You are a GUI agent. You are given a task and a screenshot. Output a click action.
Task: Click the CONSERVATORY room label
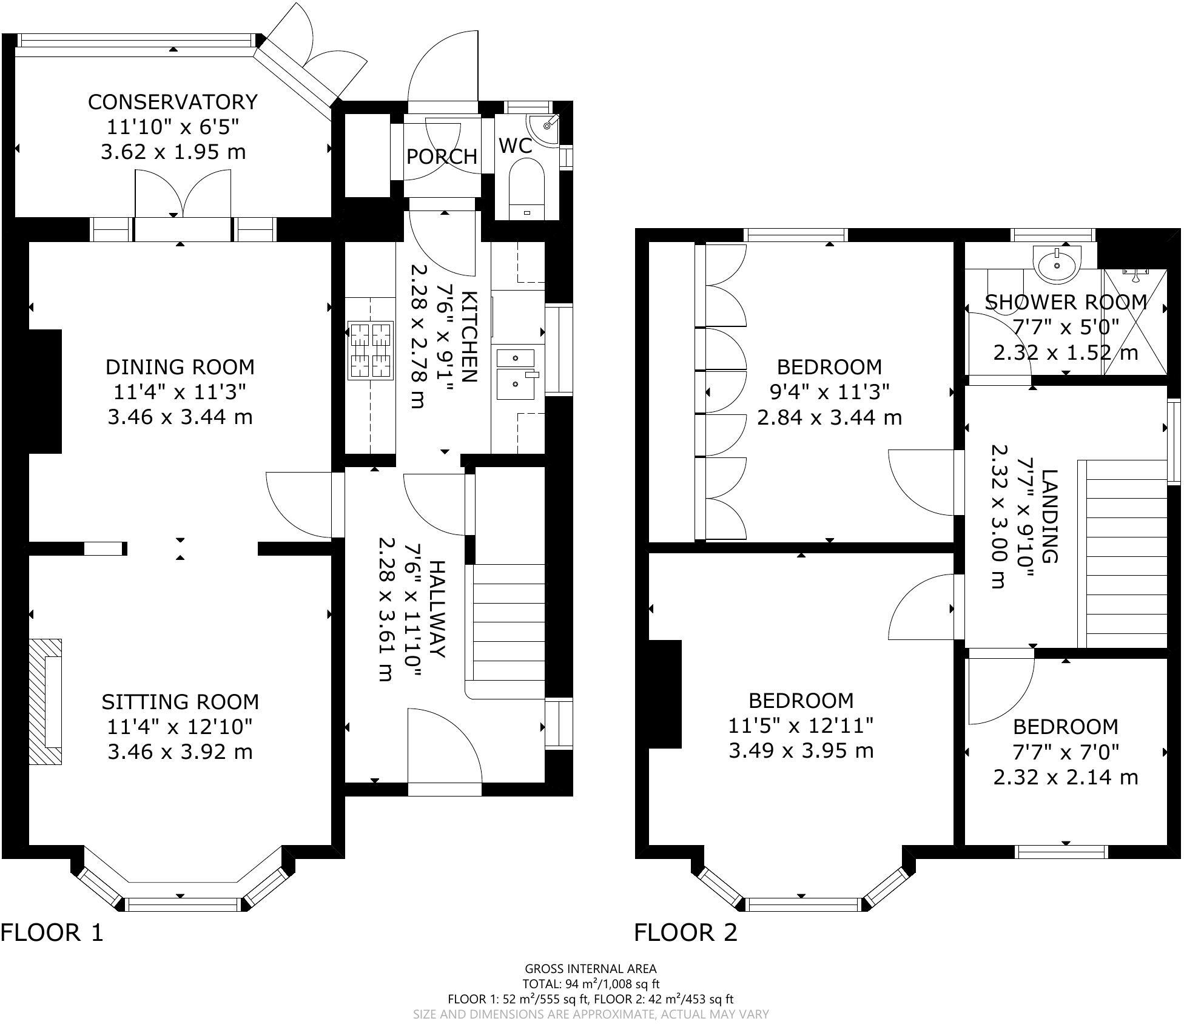click(x=173, y=101)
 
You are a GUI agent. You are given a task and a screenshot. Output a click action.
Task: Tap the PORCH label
click(x=442, y=157)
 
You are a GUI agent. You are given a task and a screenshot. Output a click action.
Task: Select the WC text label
click(x=516, y=146)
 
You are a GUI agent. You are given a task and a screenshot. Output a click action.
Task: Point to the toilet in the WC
click(x=526, y=188)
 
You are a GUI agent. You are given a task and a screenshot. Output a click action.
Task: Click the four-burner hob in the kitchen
click(x=371, y=351)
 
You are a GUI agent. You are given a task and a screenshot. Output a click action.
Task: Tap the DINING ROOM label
click(x=180, y=367)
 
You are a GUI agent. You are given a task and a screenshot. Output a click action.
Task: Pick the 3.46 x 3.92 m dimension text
click(x=180, y=752)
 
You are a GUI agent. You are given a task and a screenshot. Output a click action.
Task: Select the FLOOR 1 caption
click(x=52, y=932)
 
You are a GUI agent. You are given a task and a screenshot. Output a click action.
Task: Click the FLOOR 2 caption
click(x=686, y=932)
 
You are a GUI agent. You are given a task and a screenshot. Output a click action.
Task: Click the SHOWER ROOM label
click(x=1066, y=302)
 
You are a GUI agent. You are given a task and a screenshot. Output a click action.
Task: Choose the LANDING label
click(x=1049, y=516)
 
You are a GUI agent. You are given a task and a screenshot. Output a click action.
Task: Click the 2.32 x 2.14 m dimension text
click(x=1066, y=777)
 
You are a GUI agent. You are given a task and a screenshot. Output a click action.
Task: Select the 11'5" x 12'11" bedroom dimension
click(x=801, y=726)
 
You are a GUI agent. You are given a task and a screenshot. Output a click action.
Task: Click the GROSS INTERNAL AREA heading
click(x=591, y=969)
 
